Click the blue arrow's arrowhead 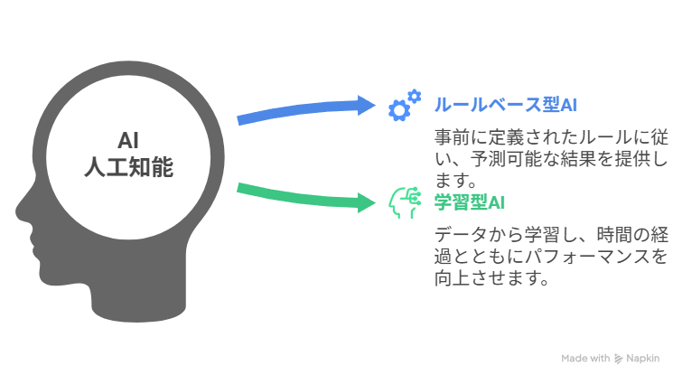pyautogui.click(x=366, y=105)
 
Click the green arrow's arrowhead pyautogui.click(x=366, y=202)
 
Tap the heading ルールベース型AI pyautogui.click(x=506, y=105)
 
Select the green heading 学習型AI pyautogui.click(x=470, y=202)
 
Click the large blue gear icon pyautogui.click(x=399, y=110)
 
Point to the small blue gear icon pyautogui.click(x=415, y=96)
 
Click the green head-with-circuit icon pyautogui.click(x=405, y=202)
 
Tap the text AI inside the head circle pyautogui.click(x=128, y=140)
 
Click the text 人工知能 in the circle pyautogui.click(x=129, y=167)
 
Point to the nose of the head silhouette pyautogui.click(x=20, y=211)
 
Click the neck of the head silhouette pyautogui.click(x=138, y=300)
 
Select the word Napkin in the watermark pyautogui.click(x=643, y=359)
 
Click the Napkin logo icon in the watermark pyautogui.click(x=618, y=359)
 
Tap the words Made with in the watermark pyautogui.click(x=585, y=359)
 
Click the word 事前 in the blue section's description pyautogui.click(x=452, y=137)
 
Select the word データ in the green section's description pyautogui.click(x=461, y=235)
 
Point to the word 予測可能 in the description pyautogui.click(x=506, y=159)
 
